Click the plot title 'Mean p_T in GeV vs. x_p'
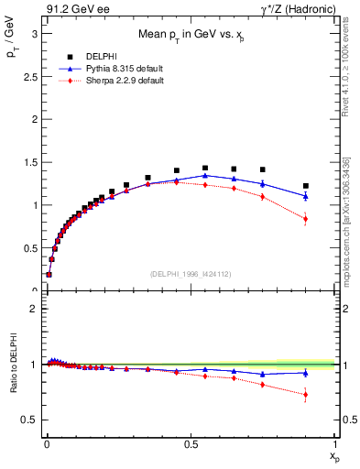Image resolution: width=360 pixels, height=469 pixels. [x=189, y=34]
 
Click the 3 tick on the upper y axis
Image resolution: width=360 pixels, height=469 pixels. [x=34, y=33]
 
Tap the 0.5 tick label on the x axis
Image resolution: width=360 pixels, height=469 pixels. [x=191, y=443]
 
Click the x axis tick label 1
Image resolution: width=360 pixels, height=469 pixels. [x=335, y=443]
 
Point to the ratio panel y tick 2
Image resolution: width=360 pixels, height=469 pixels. [x=34, y=309]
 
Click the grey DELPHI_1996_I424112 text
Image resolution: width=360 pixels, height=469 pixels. [x=190, y=273]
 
